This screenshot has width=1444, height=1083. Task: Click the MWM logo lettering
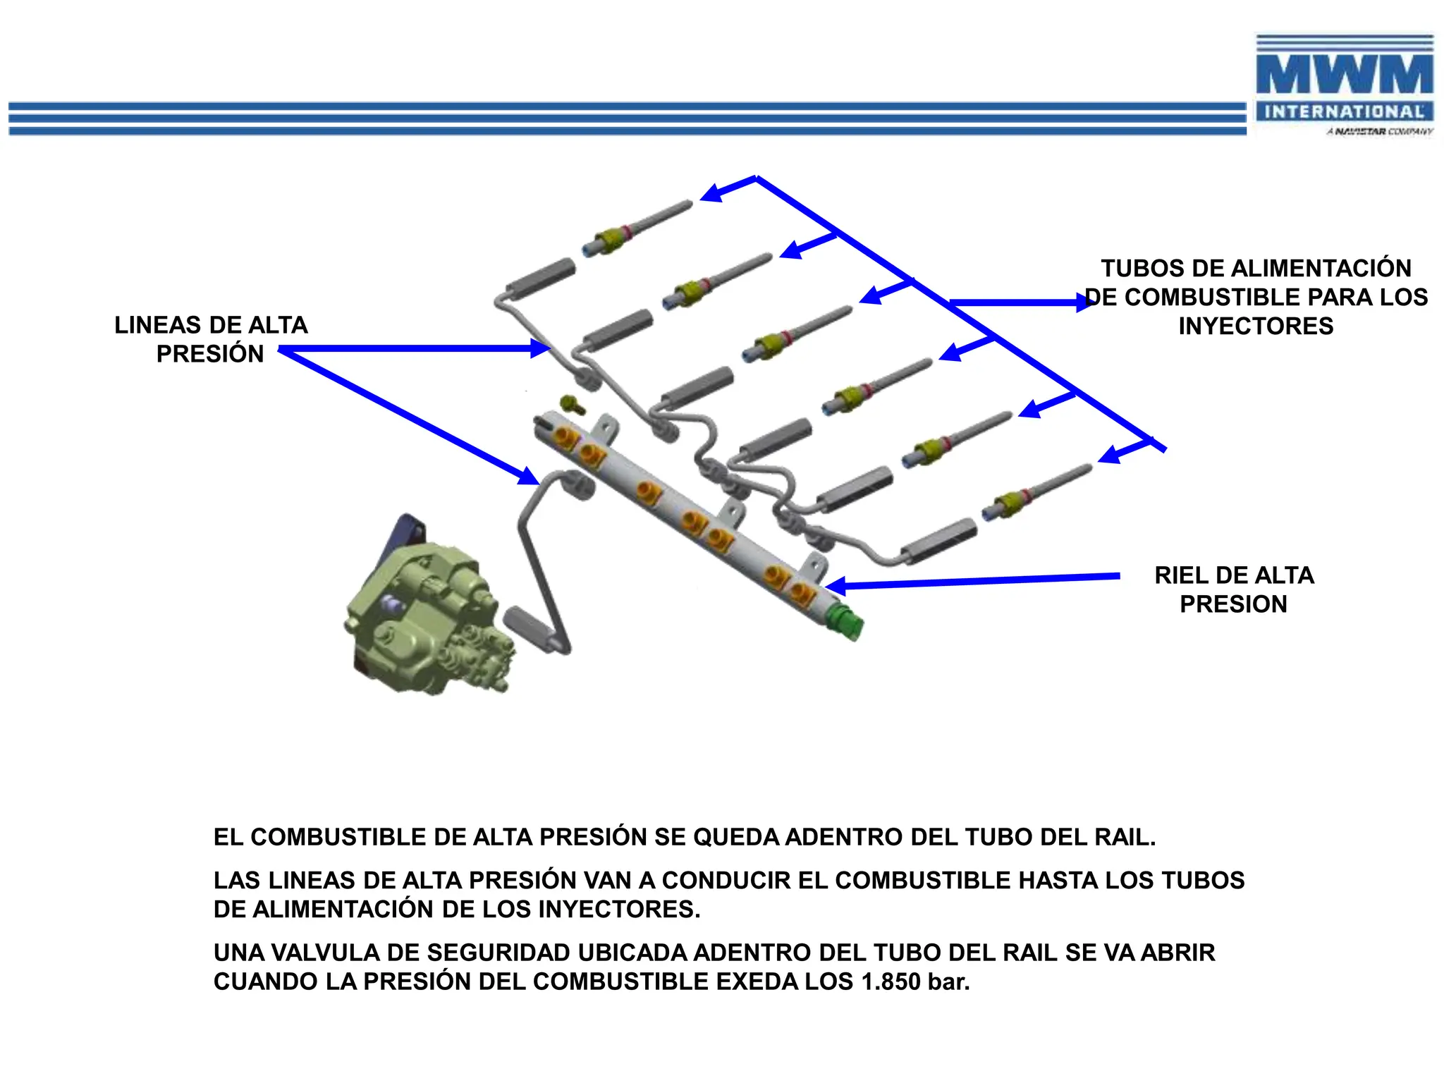(x=1344, y=75)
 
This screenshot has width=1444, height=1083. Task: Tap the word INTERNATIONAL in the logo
(x=1344, y=111)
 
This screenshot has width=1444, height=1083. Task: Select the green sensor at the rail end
(x=848, y=620)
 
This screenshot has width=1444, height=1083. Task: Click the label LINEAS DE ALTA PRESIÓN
(x=211, y=339)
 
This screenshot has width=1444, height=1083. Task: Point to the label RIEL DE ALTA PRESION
(x=1234, y=589)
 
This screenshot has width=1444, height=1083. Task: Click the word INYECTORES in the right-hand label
(x=1256, y=326)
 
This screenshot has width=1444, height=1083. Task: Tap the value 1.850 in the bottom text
(x=891, y=981)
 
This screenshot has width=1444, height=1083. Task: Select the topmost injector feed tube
(x=638, y=227)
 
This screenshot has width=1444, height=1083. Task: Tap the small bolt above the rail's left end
(x=571, y=405)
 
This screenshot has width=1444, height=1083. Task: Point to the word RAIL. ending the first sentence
(x=1125, y=837)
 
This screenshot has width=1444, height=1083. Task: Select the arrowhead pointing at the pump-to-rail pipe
(x=529, y=476)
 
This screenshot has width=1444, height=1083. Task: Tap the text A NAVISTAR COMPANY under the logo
(x=1379, y=132)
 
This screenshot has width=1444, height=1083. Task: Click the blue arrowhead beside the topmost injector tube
(x=711, y=192)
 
